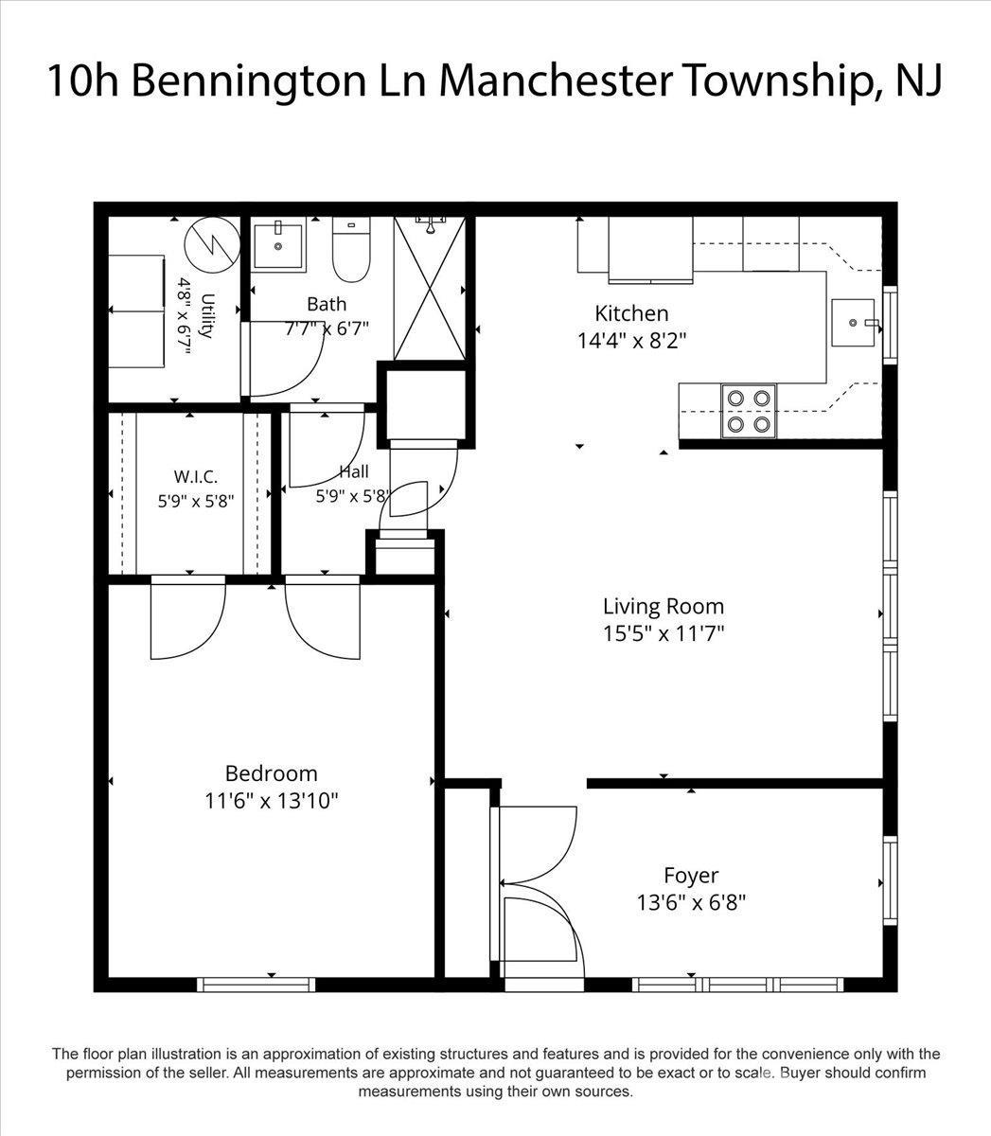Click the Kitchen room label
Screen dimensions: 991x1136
pyautogui.click(x=631, y=313)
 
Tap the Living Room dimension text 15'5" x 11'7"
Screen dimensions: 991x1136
pyautogui.click(x=664, y=633)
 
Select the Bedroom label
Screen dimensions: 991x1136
pyautogui.click(x=271, y=773)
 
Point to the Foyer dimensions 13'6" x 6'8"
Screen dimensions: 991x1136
pyautogui.click(x=691, y=903)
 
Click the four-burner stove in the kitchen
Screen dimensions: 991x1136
pyautogui.click(x=749, y=412)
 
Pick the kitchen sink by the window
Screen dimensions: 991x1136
pyautogui.click(x=853, y=323)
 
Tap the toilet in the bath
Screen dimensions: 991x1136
pyautogui.click(x=351, y=249)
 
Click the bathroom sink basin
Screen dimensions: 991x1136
pyautogui.click(x=278, y=245)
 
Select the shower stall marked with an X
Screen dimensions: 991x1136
pyautogui.click(x=430, y=288)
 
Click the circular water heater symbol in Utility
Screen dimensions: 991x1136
pyautogui.click(x=212, y=245)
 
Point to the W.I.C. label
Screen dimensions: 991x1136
pyautogui.click(x=195, y=476)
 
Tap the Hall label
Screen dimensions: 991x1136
pyautogui.click(x=354, y=472)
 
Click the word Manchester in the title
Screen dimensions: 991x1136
pyautogui.click(x=557, y=81)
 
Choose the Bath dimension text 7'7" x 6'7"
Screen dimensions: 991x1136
pyautogui.click(x=327, y=328)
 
